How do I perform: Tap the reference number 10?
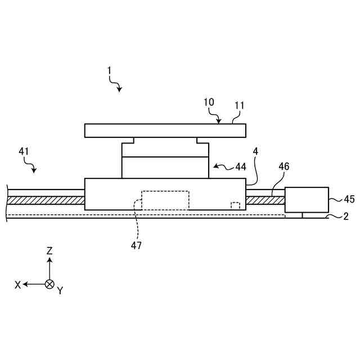209,102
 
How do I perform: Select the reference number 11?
240,105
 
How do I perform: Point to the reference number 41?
24,151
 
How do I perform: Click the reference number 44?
241,166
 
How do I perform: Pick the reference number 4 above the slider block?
255,151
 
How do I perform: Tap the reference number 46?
284,166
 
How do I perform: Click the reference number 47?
137,245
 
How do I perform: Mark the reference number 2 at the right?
346,217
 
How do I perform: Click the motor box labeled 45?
307,199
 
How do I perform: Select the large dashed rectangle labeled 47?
165,200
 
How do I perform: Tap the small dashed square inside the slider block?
235,205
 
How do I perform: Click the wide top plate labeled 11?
165,130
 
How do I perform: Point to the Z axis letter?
49,251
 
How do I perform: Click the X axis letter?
18,285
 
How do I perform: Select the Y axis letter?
60,291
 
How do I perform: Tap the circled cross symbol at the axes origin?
49,284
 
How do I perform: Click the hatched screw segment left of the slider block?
45,200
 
